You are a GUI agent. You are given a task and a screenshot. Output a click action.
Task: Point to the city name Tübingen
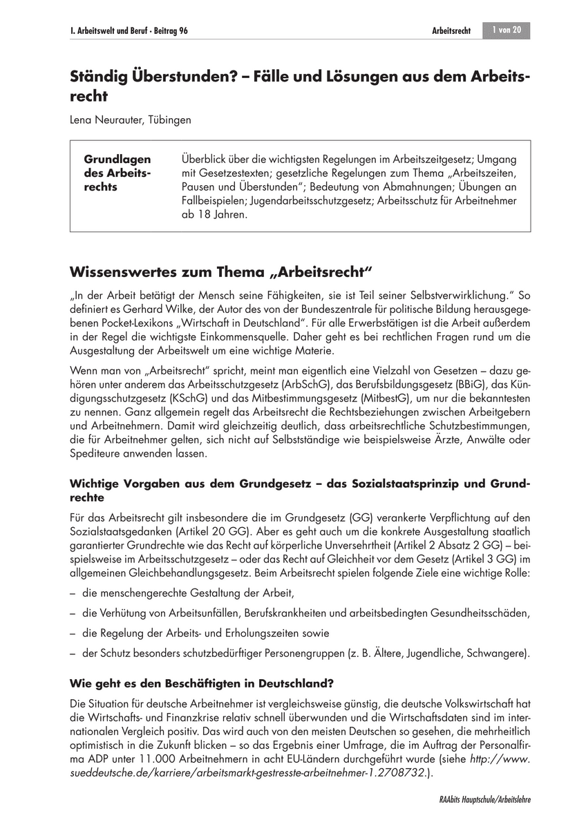pyautogui.click(x=171, y=120)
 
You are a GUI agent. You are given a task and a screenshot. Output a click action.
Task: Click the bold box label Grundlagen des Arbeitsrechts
pyautogui.click(x=117, y=173)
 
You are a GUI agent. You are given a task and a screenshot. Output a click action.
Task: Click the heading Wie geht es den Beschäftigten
pyautogui.click(x=202, y=685)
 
